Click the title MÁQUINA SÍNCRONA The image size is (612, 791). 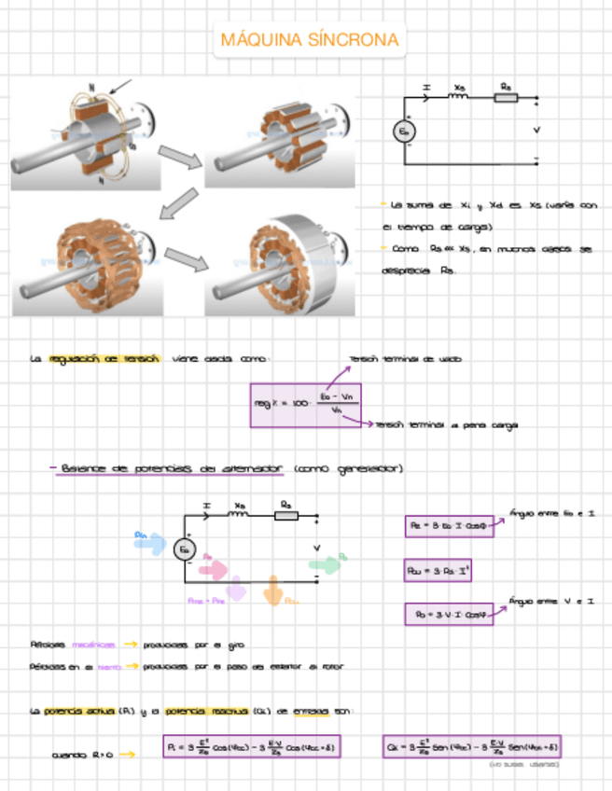tap(310, 40)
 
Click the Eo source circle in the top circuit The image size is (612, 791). tap(404, 132)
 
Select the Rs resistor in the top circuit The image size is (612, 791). tap(506, 96)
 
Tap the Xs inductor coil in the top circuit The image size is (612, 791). tap(460, 96)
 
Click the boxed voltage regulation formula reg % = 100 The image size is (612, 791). tap(305, 405)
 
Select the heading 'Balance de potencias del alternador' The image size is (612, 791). tap(171, 468)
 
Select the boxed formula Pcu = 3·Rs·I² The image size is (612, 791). tap(437, 569)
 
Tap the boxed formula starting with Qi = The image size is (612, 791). tap(471, 747)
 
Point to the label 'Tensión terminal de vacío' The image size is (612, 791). tap(404, 358)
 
